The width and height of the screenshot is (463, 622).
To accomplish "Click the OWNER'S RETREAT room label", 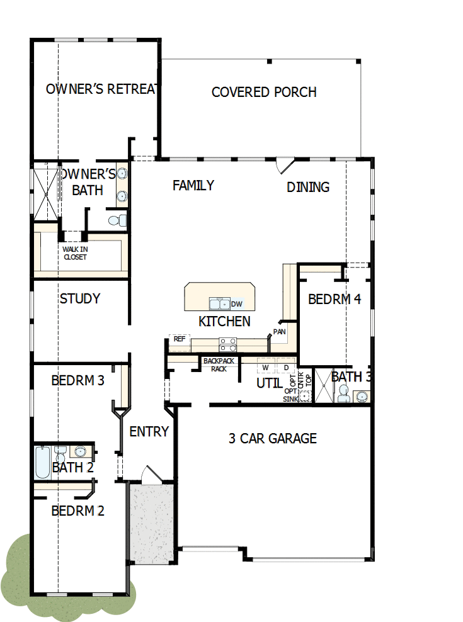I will click(101, 89).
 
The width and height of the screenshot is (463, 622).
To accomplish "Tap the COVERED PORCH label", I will click(264, 92).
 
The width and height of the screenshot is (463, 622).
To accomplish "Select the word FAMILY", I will click(193, 185).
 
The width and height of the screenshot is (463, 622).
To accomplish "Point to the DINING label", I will click(308, 187).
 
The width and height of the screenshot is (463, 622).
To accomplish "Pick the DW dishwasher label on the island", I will click(237, 304).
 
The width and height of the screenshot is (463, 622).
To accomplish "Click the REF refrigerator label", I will click(180, 339).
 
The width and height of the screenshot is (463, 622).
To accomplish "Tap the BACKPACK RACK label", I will click(219, 365).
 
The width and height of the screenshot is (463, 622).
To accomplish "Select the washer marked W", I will click(266, 367).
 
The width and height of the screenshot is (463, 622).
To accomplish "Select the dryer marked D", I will click(286, 367).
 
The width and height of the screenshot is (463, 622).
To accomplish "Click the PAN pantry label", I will click(278, 331).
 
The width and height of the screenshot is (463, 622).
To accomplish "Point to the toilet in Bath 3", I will click(343, 393).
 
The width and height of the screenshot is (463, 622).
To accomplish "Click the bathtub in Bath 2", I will click(42, 463).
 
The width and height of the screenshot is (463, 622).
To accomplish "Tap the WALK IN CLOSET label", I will click(75, 252).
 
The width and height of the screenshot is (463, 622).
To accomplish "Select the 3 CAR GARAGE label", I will click(272, 438).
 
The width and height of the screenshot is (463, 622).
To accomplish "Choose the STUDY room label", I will click(80, 298).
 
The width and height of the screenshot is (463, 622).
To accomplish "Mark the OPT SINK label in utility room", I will click(291, 395).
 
